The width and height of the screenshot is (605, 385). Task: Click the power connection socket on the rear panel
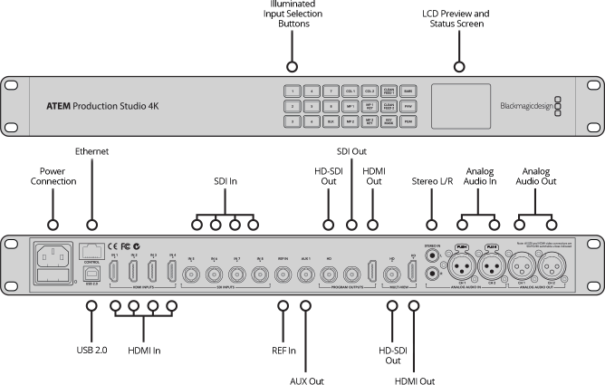point(51,256)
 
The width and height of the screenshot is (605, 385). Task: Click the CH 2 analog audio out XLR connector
point(550,267)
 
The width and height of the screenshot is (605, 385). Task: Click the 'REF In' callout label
point(284,323)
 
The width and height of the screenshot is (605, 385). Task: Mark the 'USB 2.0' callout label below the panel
point(91,323)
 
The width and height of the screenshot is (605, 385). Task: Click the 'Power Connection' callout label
point(52,177)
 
